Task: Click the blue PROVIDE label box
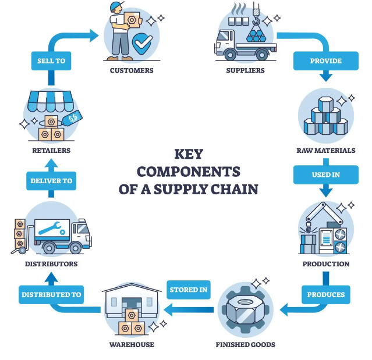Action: pyautogui.click(x=325, y=61)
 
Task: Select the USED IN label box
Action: pyautogui.click(x=325, y=174)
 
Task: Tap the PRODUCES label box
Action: pyautogui.click(x=325, y=294)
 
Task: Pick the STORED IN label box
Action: pyautogui.click(x=189, y=290)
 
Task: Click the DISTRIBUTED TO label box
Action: pyautogui.click(x=51, y=294)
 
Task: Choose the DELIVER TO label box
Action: pyautogui.click(x=51, y=181)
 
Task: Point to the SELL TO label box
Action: pyautogui.click(x=51, y=61)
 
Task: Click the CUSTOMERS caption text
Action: pyautogui.click(x=132, y=70)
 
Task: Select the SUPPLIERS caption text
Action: pyautogui.click(x=245, y=70)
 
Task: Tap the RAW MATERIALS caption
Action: pyautogui.click(x=325, y=151)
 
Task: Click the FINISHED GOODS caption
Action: pyautogui.click(x=245, y=344)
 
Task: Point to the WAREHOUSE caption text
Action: pyautogui.click(x=132, y=344)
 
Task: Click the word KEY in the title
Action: pyautogui.click(x=188, y=154)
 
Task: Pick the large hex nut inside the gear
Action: pyautogui.click(x=245, y=308)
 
